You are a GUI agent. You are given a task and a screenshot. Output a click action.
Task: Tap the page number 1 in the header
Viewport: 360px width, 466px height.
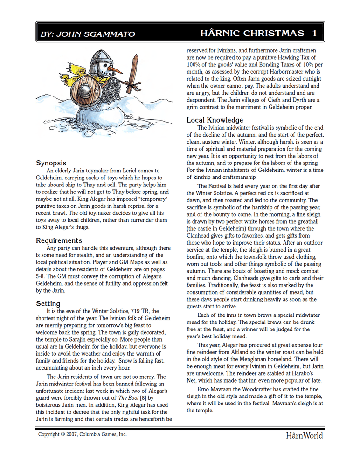pos(315,33)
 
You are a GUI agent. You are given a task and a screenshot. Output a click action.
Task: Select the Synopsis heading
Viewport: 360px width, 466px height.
pos(51,163)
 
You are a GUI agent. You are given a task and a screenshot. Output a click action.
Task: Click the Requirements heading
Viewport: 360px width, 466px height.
pos(59,240)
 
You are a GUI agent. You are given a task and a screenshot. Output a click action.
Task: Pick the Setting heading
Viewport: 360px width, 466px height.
pos(48,303)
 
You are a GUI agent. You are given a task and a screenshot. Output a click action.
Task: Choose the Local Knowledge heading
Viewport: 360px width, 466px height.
pos(215,120)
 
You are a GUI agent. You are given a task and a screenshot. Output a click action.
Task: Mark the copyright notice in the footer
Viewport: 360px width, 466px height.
pos(83,434)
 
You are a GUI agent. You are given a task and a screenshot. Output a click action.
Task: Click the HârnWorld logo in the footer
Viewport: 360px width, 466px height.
pos(304,436)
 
